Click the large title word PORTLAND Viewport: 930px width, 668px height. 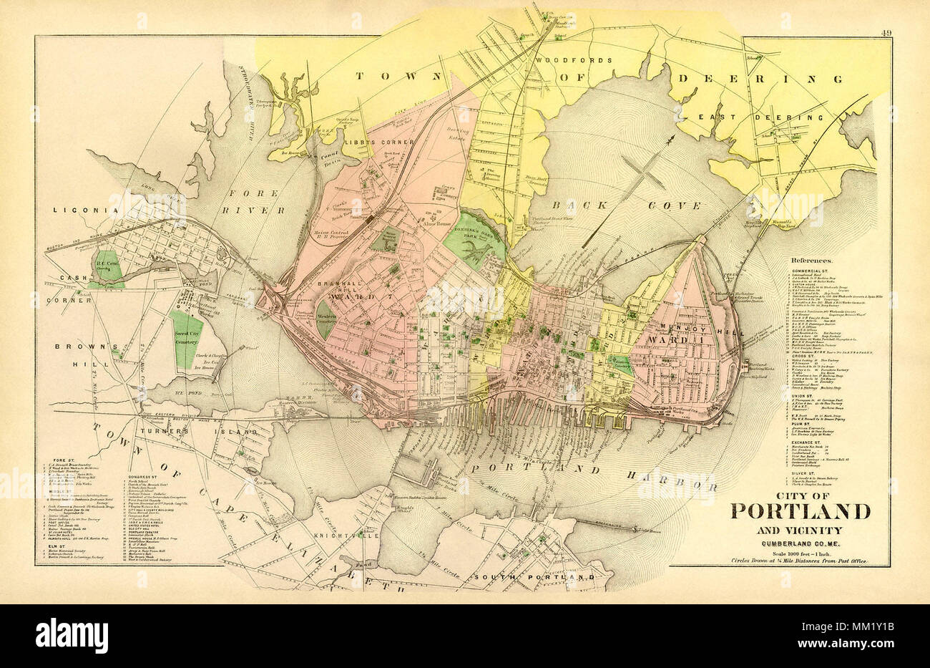pyautogui.click(x=800, y=512)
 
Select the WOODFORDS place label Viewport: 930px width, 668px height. pyautogui.click(x=574, y=60)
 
